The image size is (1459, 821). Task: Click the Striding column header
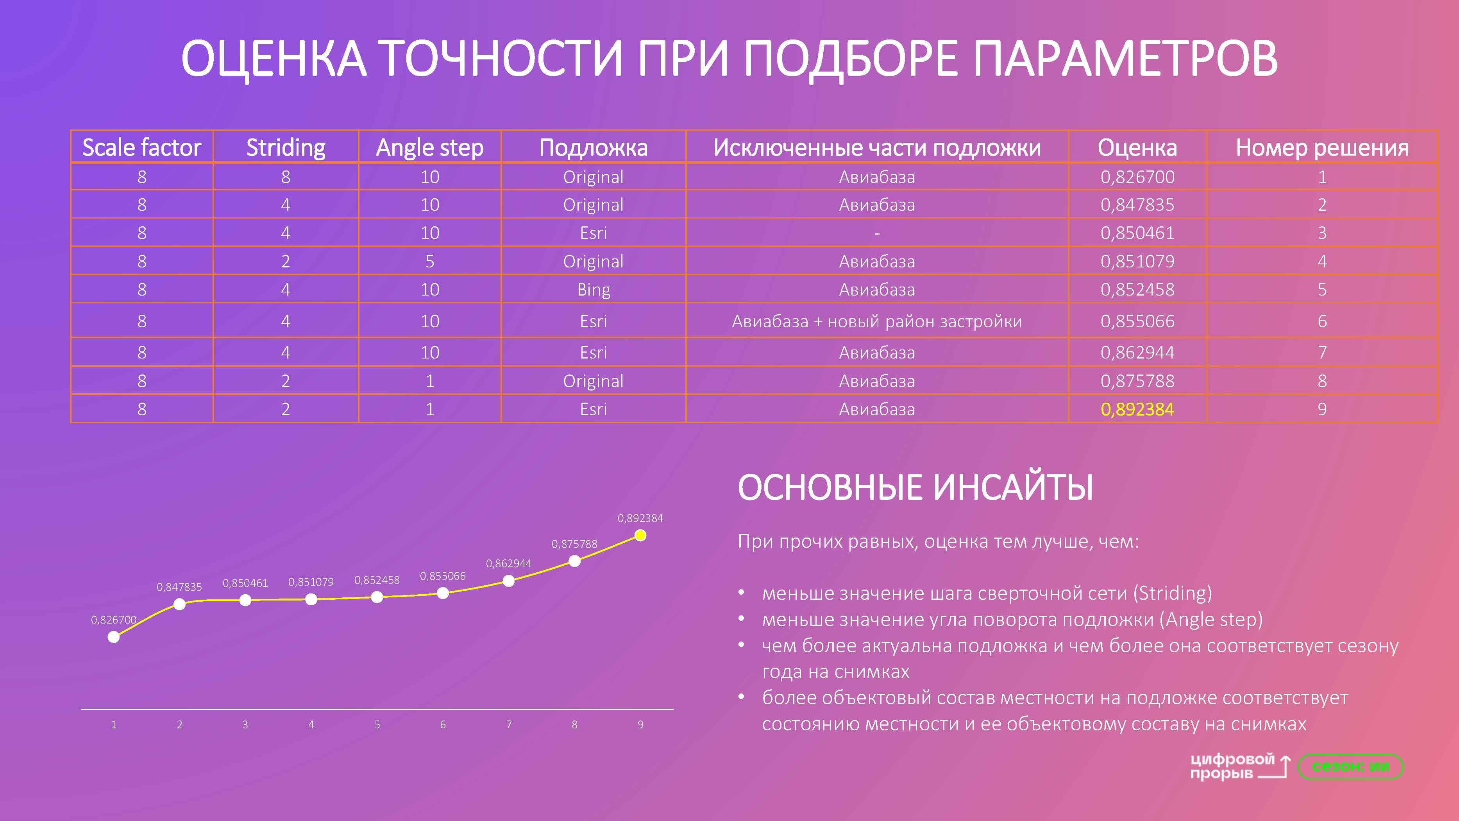[x=286, y=147]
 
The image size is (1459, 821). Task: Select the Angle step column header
[x=429, y=147]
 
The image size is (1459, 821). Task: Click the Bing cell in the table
[x=593, y=290]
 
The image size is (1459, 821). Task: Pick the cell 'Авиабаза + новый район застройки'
[x=877, y=321]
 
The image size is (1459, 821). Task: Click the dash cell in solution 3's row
[x=877, y=233]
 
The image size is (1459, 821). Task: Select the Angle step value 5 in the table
[x=429, y=261]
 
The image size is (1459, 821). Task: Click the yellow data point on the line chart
[x=640, y=535]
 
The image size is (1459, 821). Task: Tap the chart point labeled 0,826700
[x=113, y=637]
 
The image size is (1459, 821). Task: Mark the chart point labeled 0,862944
[x=509, y=581]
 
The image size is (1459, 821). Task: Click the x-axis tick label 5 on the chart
[x=377, y=724]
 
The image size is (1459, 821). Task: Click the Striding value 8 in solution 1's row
[x=286, y=177]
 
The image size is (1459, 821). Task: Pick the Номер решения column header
[x=1321, y=147]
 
